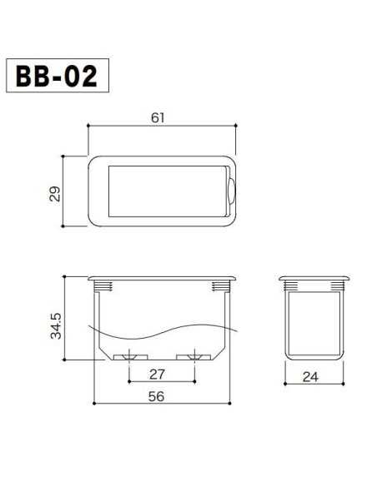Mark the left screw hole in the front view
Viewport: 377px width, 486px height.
[129, 358]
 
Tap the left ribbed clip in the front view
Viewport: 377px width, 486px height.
[103, 287]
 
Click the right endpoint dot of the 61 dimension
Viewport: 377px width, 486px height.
[238, 126]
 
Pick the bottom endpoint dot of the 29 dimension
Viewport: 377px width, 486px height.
[65, 226]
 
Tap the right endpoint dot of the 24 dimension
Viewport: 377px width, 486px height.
[343, 384]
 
